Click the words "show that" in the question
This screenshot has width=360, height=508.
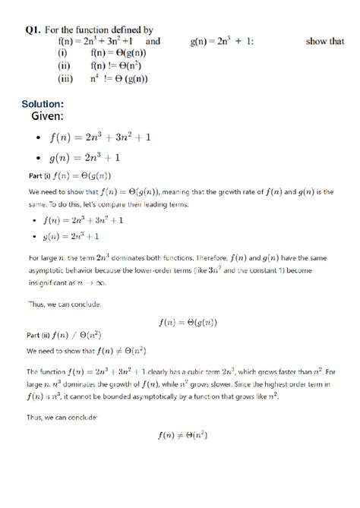click(325, 42)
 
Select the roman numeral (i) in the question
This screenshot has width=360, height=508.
click(64, 53)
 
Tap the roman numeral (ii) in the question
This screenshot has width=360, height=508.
click(64, 65)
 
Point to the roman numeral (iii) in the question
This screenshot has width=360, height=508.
click(64, 77)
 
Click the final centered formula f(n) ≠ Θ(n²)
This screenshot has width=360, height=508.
click(182, 435)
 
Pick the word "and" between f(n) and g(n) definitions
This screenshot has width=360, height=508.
click(152, 42)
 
